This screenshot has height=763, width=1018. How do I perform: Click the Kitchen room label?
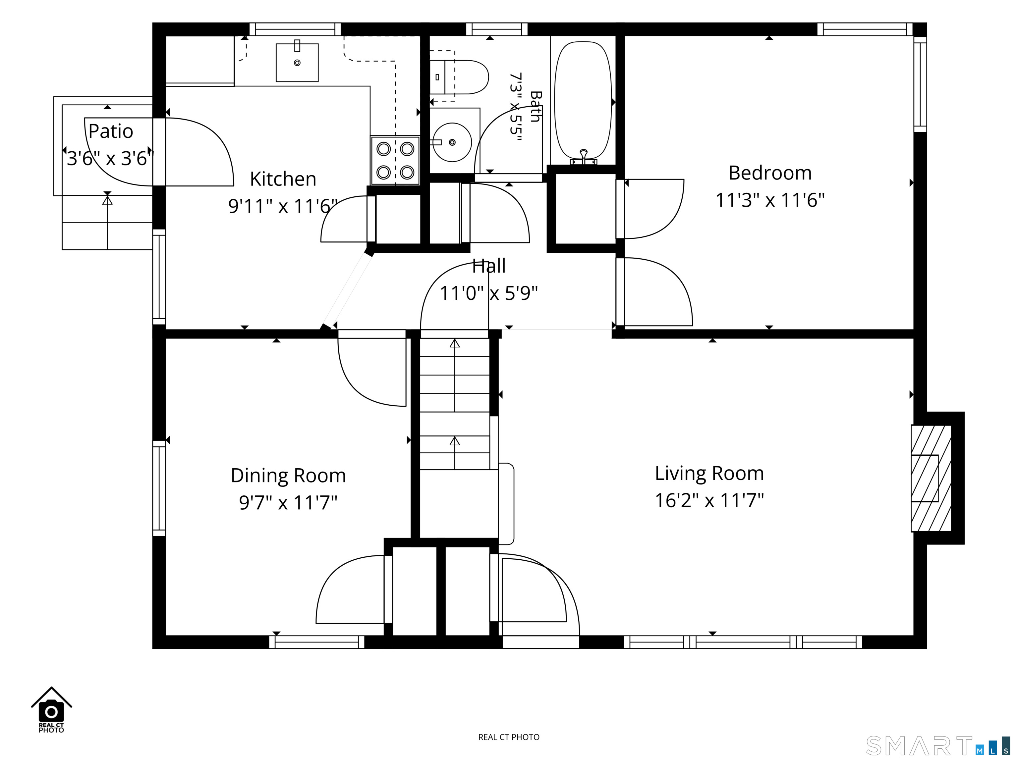point(283,179)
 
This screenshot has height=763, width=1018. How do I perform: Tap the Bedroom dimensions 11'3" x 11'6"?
point(770,200)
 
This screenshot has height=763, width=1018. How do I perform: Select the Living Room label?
point(709,473)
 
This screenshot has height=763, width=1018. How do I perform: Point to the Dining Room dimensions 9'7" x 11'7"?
point(288,503)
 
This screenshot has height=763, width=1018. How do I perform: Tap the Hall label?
point(489,266)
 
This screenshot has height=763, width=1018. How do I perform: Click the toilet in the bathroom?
point(459,77)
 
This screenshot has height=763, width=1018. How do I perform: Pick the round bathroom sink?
point(452,142)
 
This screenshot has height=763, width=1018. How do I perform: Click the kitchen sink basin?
point(297,63)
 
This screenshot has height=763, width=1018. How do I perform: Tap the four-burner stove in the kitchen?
point(395,161)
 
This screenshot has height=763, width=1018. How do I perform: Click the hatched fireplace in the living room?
point(931,478)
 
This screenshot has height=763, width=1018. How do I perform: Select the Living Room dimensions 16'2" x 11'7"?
point(709,500)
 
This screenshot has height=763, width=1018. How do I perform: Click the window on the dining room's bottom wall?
point(316,642)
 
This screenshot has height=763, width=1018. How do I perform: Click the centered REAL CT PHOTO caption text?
point(509,737)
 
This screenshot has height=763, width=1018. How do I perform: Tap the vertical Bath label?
point(535,106)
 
